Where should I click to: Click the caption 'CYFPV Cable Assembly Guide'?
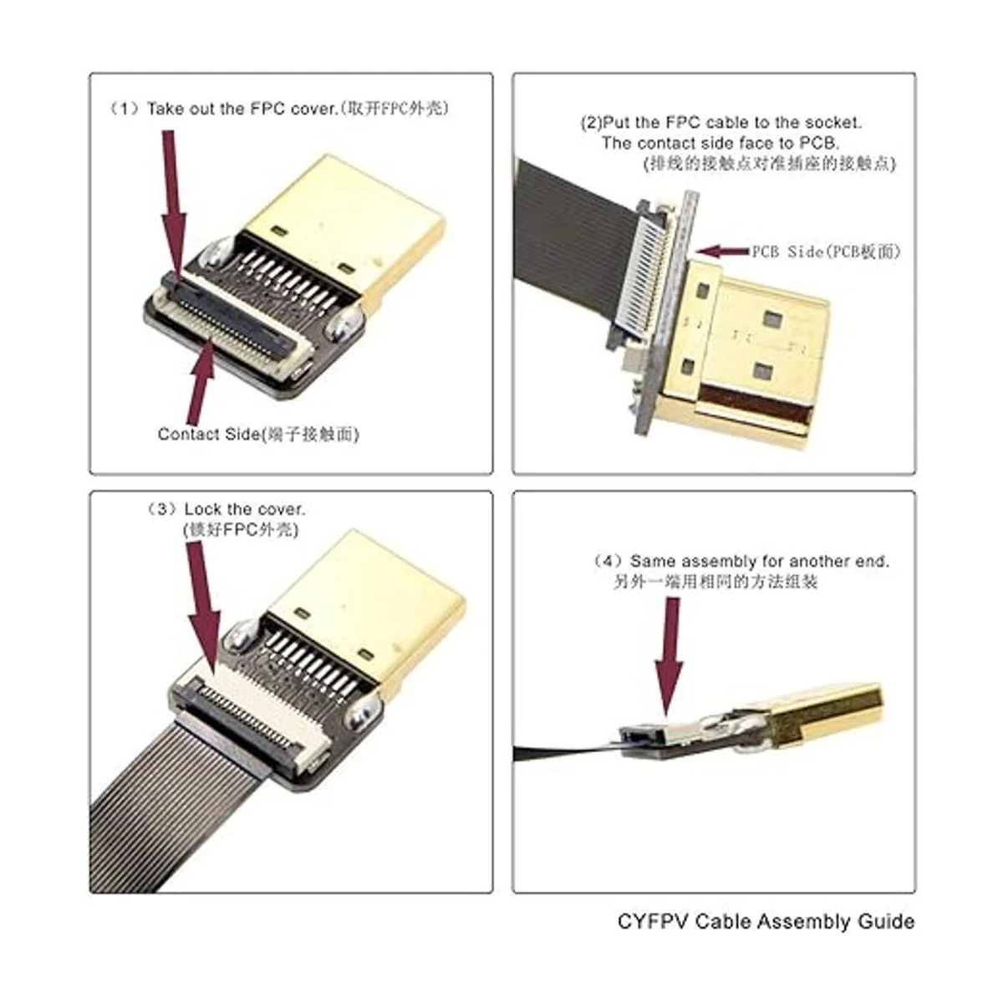coord(766,921)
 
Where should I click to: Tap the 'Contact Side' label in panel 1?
coord(208,434)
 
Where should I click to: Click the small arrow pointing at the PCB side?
coord(722,252)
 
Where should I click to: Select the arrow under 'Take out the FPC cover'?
coord(173,206)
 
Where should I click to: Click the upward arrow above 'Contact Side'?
coord(202,382)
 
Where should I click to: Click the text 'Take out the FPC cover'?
coord(242,109)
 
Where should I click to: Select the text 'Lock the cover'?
coord(244,508)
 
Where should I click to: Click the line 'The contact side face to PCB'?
coord(720,142)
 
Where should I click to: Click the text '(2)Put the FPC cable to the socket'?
coord(720,123)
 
